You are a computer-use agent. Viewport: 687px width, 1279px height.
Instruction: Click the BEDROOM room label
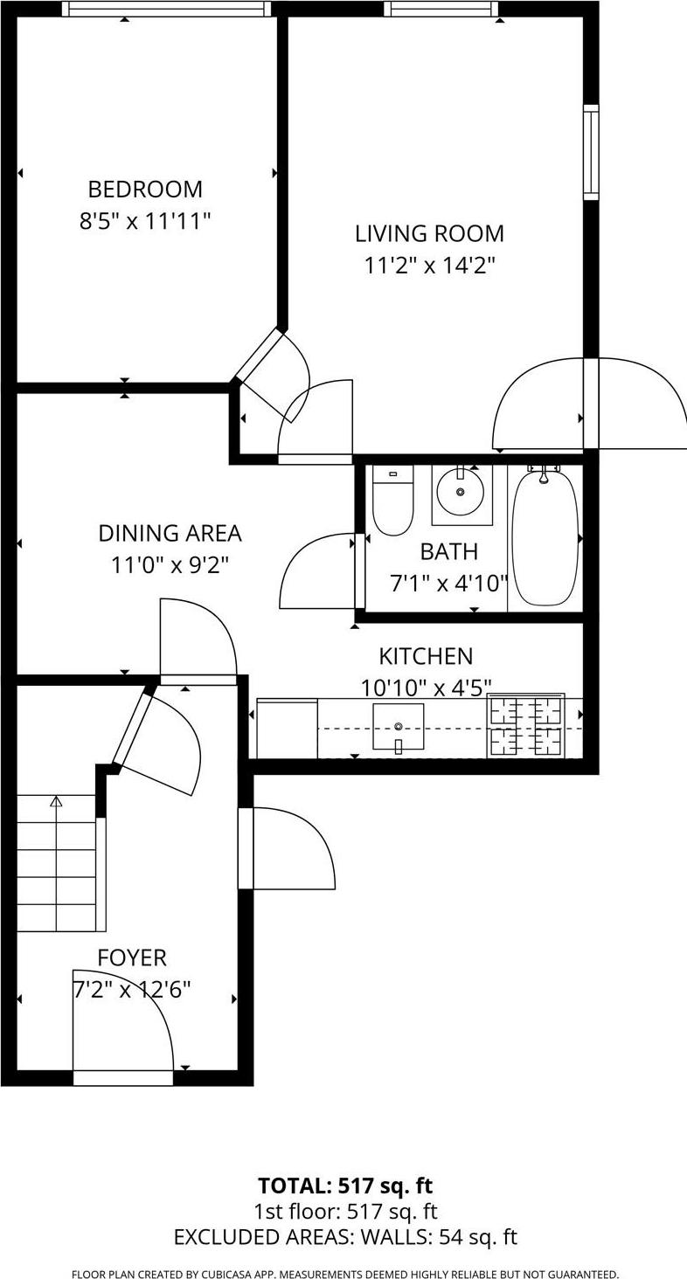(x=145, y=189)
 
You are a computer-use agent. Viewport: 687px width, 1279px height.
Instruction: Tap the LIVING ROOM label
(x=429, y=233)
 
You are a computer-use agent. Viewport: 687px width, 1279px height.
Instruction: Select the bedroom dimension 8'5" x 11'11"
(x=145, y=221)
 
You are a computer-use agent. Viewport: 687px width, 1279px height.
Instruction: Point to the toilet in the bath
(x=392, y=501)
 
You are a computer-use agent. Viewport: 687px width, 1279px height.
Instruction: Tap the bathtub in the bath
(x=544, y=536)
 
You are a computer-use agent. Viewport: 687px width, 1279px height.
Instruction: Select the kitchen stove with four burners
(x=525, y=726)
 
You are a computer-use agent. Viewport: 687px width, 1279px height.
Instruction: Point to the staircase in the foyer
(x=57, y=863)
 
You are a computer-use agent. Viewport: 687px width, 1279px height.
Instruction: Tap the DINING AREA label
(x=170, y=533)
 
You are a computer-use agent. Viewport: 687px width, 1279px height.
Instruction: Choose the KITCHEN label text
(x=426, y=656)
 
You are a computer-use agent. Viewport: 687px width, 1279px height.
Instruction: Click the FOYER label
(x=132, y=958)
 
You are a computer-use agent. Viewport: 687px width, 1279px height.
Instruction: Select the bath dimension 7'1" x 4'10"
(x=448, y=583)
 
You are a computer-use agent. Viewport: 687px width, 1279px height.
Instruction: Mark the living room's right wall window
(x=591, y=152)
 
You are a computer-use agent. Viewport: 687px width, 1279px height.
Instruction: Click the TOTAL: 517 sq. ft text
(x=345, y=1186)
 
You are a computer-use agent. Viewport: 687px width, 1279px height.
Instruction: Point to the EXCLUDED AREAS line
(x=345, y=1237)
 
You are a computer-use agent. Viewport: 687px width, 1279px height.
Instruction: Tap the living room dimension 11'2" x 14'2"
(x=429, y=266)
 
